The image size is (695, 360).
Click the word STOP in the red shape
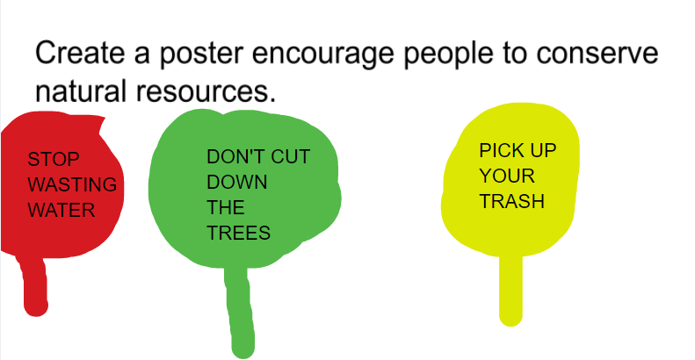click(x=54, y=160)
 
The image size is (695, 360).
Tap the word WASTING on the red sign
click(x=72, y=185)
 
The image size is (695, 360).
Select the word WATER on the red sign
click(x=61, y=211)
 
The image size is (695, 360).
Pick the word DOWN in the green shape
click(x=237, y=183)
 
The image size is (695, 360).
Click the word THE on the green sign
click(x=226, y=208)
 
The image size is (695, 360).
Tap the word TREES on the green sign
click(x=238, y=234)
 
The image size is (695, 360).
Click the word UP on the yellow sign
click(x=544, y=150)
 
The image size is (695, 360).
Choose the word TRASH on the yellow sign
click(x=511, y=201)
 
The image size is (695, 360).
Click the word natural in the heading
click(x=87, y=90)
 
